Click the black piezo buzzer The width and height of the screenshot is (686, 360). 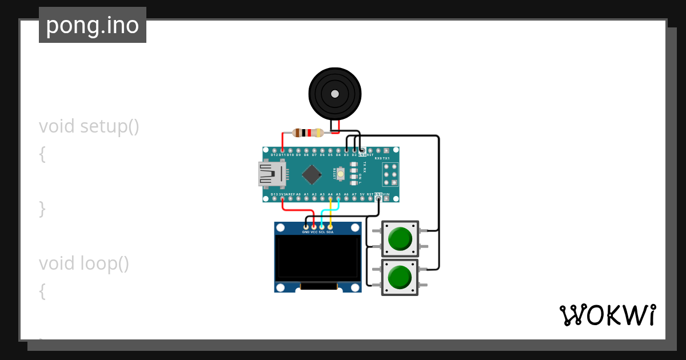(335, 94)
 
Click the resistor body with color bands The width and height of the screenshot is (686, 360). (308, 133)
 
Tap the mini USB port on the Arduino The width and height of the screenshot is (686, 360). (272, 174)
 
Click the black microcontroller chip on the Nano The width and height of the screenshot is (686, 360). (312, 174)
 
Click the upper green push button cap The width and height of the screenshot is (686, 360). (400, 239)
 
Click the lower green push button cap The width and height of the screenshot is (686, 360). (400, 277)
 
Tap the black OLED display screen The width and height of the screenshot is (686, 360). (317, 258)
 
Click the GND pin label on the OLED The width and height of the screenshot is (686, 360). (306, 233)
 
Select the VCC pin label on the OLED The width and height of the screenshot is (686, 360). (314, 233)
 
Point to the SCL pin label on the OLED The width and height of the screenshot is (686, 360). (322, 233)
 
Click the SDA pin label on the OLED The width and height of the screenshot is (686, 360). (330, 233)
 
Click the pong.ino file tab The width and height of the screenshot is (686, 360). (93, 25)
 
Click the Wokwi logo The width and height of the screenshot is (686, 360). (607, 315)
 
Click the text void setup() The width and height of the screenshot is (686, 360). (89, 126)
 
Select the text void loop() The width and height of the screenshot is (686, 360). (84, 263)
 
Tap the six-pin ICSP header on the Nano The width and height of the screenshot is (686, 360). (390, 174)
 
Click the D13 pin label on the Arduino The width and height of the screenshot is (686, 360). (274, 195)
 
